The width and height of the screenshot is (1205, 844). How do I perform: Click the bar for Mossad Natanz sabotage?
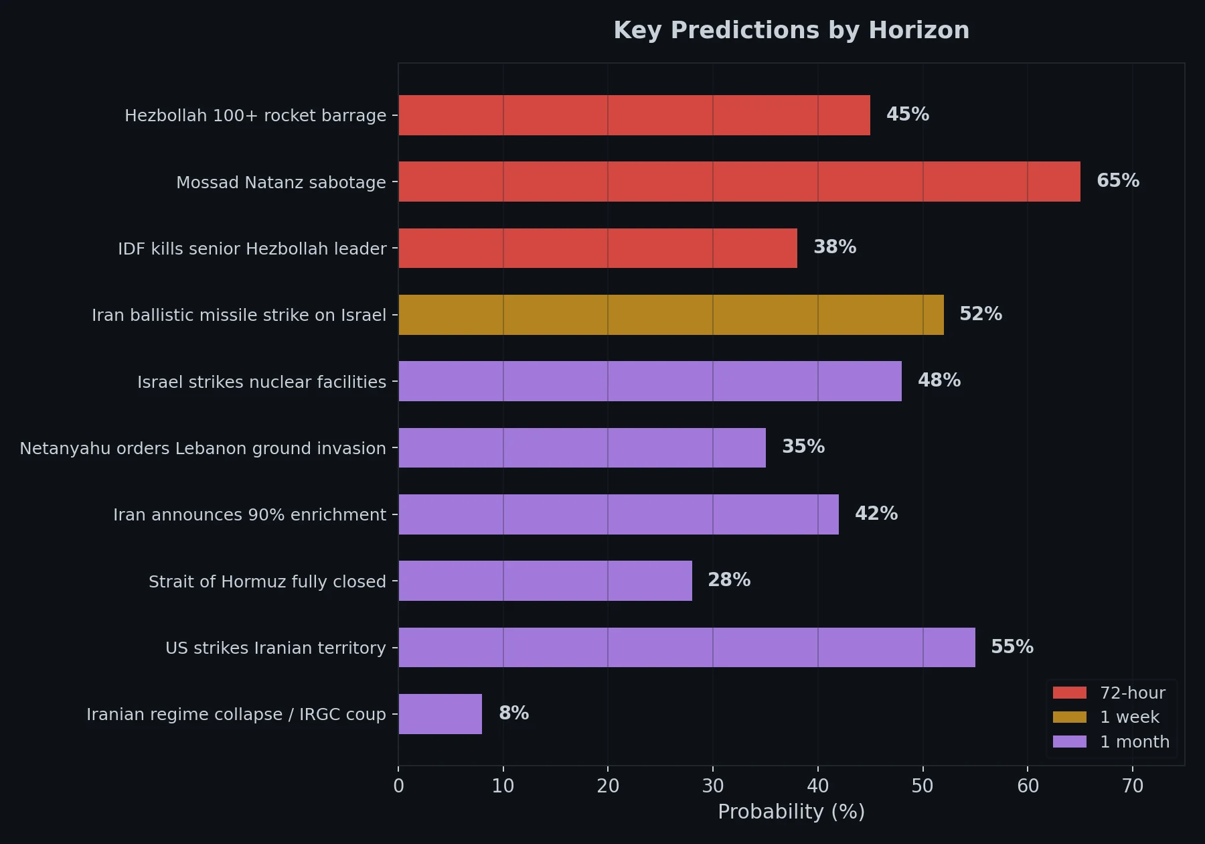(x=739, y=182)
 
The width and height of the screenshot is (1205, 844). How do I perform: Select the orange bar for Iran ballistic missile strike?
(x=671, y=315)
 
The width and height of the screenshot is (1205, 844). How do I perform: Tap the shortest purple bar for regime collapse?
(x=440, y=714)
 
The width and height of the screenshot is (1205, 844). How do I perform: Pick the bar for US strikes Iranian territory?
(x=687, y=648)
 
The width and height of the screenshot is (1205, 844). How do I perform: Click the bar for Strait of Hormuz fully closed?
(x=545, y=581)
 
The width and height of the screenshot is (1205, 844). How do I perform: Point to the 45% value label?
(x=907, y=115)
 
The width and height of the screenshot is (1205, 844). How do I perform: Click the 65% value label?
(x=1117, y=181)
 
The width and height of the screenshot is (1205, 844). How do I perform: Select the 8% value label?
(x=513, y=713)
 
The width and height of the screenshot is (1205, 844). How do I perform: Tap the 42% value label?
(x=876, y=514)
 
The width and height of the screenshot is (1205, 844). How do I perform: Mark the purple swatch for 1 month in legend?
(x=1069, y=742)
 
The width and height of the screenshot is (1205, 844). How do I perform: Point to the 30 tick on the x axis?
(x=713, y=786)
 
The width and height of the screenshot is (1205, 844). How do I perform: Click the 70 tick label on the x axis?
(x=1132, y=786)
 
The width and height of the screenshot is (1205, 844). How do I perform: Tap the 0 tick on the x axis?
(x=399, y=786)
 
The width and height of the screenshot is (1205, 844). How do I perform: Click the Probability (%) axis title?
(x=791, y=812)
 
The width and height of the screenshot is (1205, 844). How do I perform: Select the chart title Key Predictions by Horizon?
(x=791, y=31)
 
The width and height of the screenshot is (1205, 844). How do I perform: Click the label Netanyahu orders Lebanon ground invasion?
(x=203, y=448)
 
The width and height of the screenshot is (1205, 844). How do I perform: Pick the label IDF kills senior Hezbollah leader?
(x=252, y=249)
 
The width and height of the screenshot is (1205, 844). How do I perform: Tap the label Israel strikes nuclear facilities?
(x=262, y=382)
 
